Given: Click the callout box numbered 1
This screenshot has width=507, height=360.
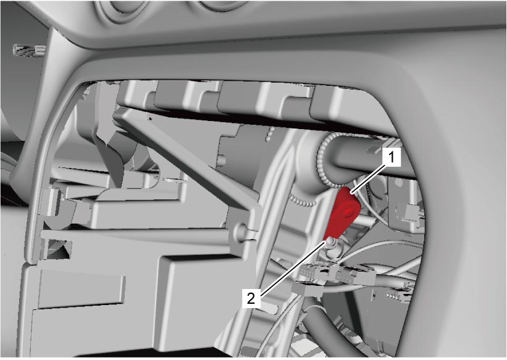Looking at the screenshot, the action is click(392, 157).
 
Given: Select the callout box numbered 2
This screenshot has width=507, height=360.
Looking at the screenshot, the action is click(251, 298).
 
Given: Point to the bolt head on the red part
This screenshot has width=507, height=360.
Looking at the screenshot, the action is click(348, 212).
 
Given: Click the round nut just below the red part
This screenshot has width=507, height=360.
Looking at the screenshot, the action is click(331, 243).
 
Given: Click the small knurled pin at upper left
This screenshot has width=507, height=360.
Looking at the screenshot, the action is click(28, 50).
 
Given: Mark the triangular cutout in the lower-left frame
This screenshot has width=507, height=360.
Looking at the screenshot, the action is click(59, 250).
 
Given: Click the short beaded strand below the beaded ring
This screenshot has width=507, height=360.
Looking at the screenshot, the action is click(303, 200).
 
